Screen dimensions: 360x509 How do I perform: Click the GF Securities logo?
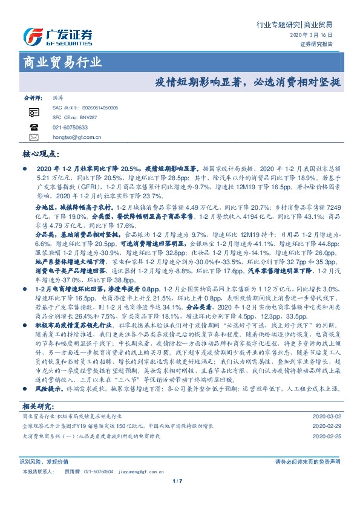point(57,37)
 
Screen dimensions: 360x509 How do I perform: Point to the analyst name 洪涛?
point(59,97)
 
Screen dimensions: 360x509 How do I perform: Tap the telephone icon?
point(33,128)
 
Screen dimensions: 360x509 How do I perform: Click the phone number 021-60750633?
point(70,128)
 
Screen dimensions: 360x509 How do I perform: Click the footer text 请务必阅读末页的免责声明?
point(307,461)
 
